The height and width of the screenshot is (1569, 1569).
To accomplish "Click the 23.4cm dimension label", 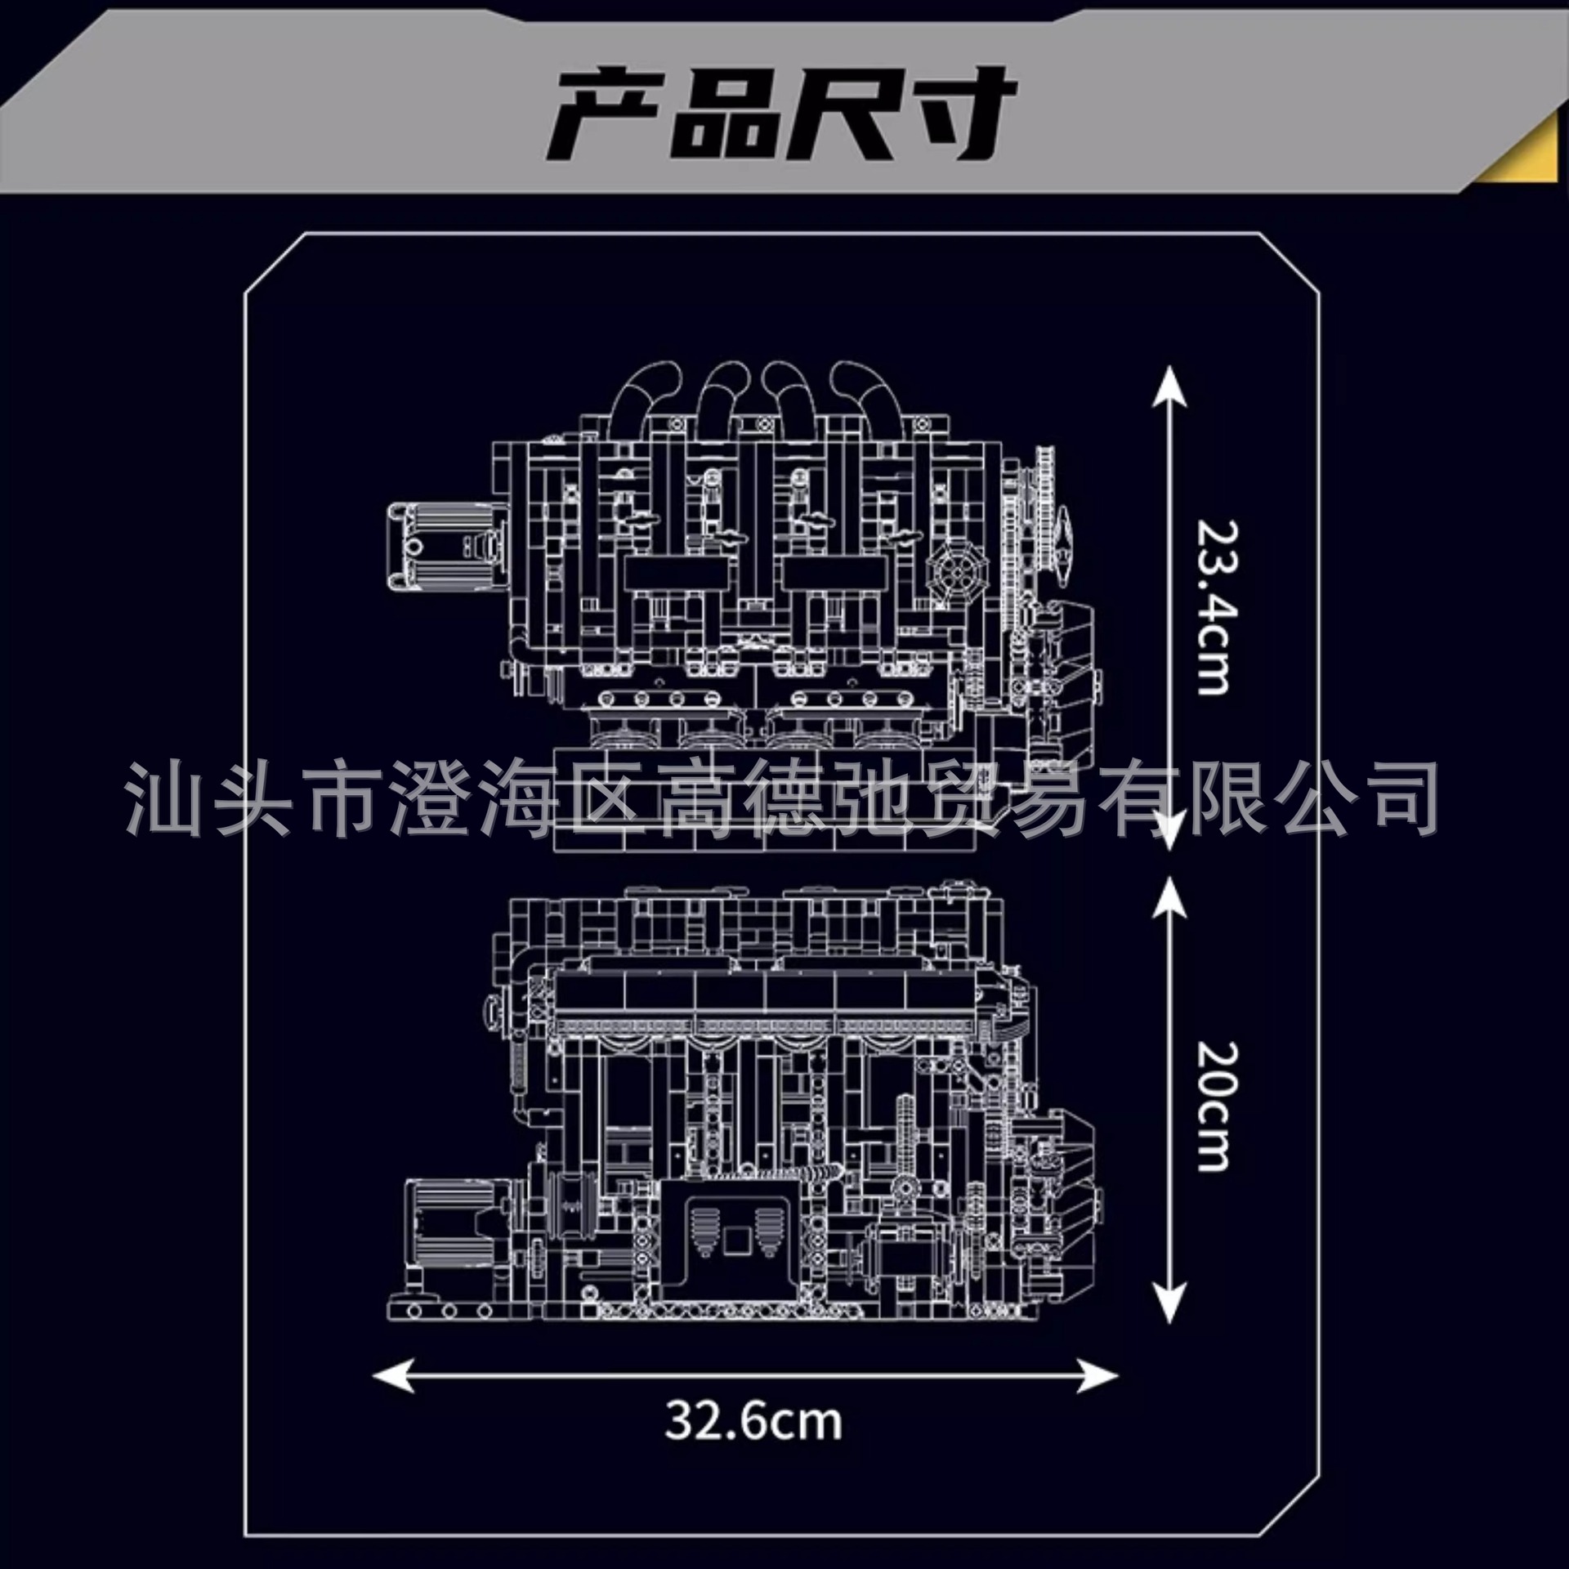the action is click(1212, 608).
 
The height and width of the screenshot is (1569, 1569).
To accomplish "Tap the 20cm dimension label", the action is click(1212, 1106).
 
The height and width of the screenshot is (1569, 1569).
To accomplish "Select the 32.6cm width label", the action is click(753, 1421).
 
